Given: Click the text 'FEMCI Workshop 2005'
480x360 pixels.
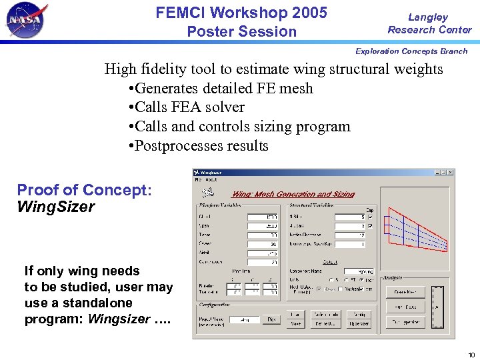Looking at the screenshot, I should (x=241, y=13).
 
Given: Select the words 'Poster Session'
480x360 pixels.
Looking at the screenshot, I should (x=241, y=31).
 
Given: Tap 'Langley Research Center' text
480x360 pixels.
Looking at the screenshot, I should (x=429, y=23).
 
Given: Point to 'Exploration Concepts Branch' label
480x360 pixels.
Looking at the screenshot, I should (x=411, y=51).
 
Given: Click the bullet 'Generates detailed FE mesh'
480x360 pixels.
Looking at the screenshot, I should (x=219, y=88).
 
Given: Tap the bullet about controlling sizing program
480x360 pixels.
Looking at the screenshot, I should (x=238, y=127).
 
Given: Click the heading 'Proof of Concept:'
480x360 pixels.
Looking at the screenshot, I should (x=85, y=190).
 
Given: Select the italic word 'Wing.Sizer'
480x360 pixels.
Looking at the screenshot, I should (x=56, y=207).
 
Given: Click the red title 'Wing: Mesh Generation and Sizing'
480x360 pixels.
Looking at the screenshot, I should (x=293, y=194).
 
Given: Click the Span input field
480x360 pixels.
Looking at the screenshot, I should (x=262, y=225).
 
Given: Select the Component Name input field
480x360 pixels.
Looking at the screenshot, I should (x=359, y=271).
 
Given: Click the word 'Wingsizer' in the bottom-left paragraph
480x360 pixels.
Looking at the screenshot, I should (x=119, y=319).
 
